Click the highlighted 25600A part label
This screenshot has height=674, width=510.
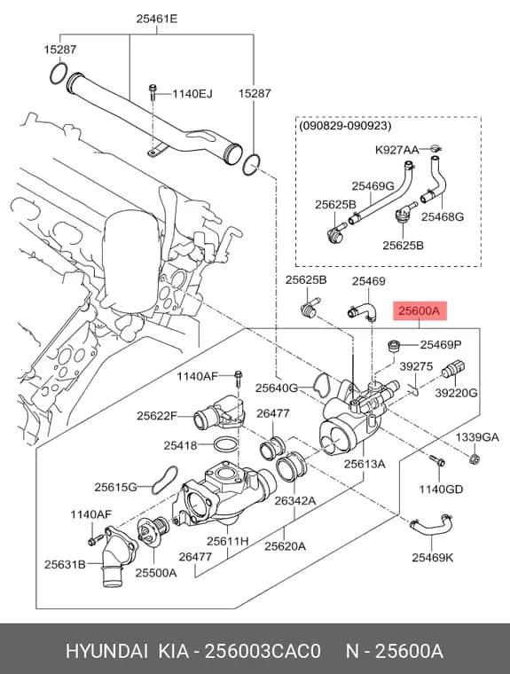420,310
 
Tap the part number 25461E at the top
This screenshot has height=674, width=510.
157,19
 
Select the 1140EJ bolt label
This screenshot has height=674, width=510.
192,93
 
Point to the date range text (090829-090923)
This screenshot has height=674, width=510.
345,126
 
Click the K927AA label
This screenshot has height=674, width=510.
396,150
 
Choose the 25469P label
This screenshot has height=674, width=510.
441,344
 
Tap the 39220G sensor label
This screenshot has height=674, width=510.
456,393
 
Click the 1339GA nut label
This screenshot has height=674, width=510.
477,437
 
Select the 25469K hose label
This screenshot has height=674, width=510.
433,558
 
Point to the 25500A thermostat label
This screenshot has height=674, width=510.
156,573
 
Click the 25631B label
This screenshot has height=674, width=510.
65,564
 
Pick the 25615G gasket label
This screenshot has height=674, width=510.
115,487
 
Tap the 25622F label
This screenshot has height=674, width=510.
157,416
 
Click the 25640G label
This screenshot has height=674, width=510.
277,388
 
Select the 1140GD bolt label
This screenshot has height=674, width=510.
441,489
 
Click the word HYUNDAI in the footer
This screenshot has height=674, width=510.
107,652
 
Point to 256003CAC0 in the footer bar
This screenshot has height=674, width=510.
263,652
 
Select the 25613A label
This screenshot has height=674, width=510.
365,464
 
